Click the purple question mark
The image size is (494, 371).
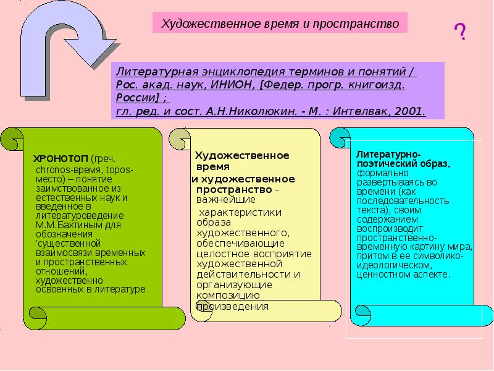pyautogui.click(x=460, y=32)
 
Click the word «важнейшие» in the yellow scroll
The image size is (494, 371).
pyautogui.click(x=225, y=199)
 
